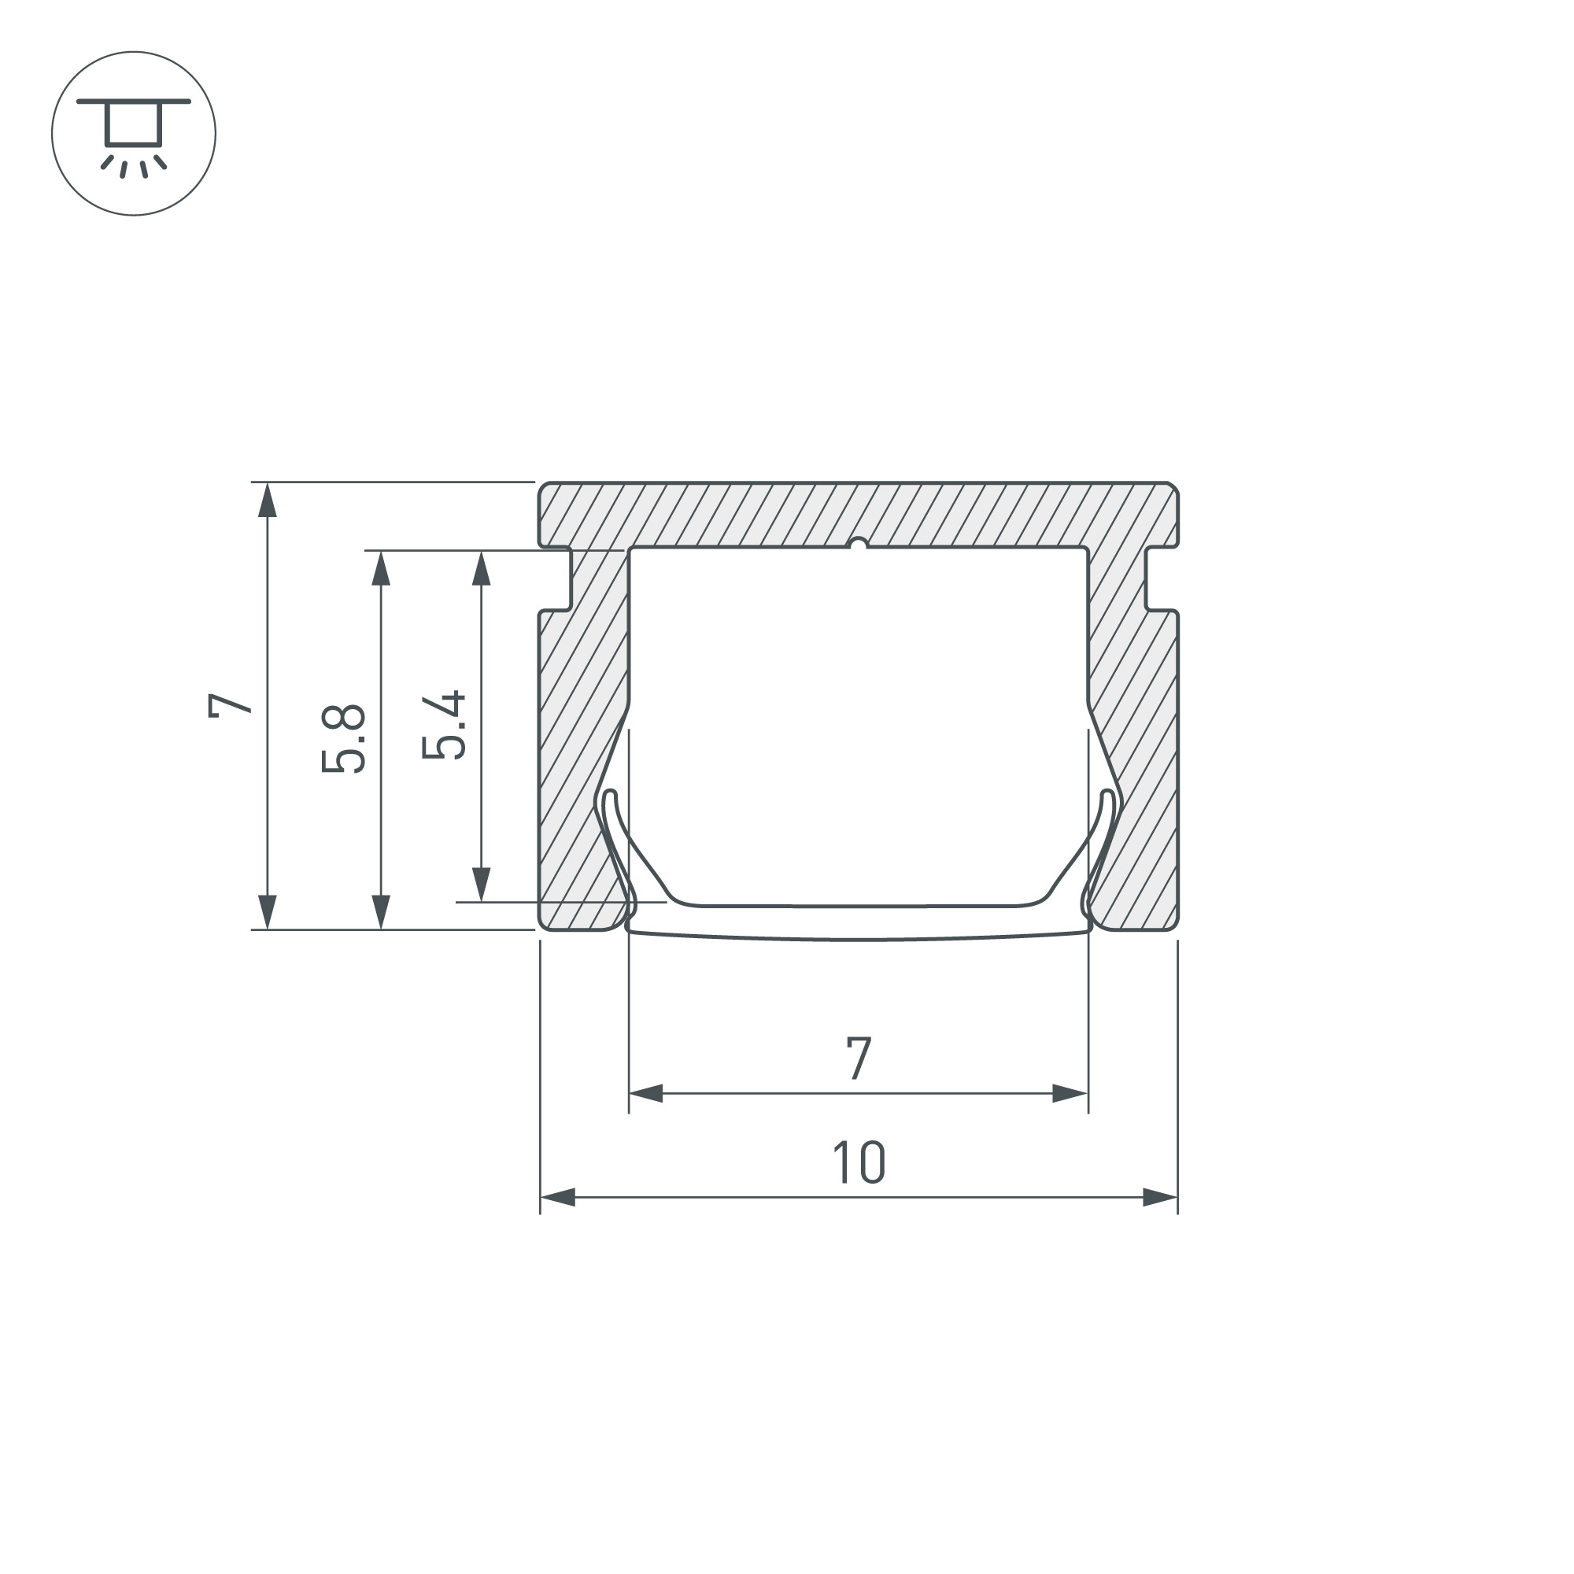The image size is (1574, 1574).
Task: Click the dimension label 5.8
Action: [343, 739]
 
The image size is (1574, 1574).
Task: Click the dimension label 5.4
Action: [444, 725]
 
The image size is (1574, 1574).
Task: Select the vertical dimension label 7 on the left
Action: [230, 704]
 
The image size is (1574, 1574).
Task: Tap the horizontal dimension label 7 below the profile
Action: [859, 1059]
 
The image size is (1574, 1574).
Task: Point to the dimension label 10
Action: [859, 1162]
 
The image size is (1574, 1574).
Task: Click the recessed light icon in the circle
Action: [134, 134]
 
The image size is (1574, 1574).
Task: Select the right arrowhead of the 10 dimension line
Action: [1159, 1198]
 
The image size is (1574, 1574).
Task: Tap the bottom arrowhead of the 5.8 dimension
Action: [380, 911]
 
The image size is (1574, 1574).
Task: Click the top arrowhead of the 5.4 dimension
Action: [482, 569]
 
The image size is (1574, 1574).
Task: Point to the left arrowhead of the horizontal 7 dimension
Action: [646, 1093]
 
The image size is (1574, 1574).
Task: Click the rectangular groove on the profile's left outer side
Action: [555, 578]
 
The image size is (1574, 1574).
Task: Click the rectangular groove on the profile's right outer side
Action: [1162, 578]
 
